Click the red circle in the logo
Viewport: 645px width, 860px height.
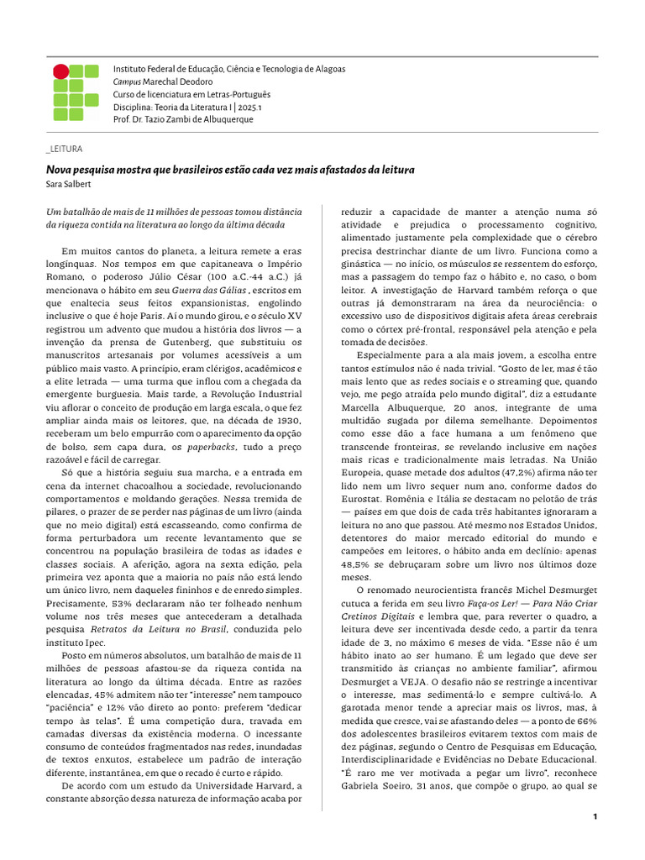[60, 71]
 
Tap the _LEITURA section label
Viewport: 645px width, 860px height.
[65, 149]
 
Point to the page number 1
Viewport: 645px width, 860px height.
[595, 816]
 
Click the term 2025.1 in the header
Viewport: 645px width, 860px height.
[248, 107]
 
